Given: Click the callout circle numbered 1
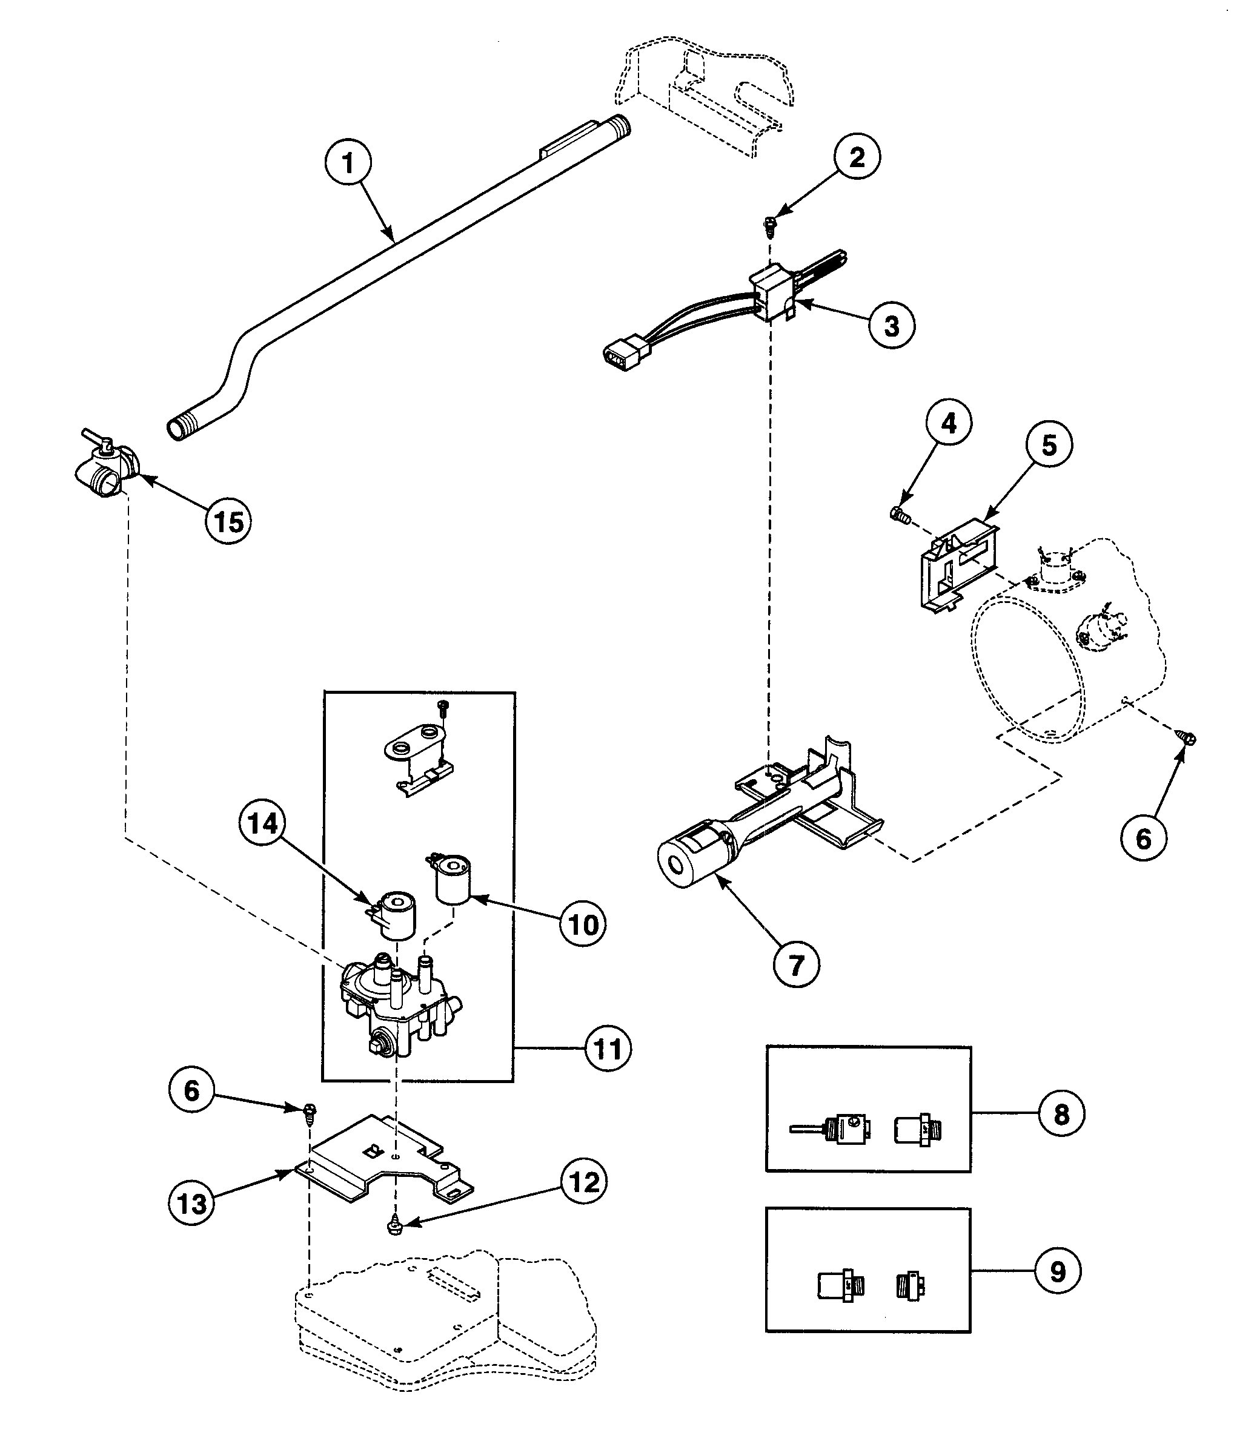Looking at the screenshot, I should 348,163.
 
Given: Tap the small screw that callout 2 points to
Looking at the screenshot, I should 770,224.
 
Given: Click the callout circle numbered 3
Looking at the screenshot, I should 891,325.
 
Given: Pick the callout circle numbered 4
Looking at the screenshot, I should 949,424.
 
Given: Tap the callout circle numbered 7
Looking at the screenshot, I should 796,964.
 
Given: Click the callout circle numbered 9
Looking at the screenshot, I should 1057,1271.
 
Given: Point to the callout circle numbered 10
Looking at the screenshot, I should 583,924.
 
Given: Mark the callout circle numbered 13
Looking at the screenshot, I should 191,1204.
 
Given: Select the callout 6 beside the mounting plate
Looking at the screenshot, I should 191,1090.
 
